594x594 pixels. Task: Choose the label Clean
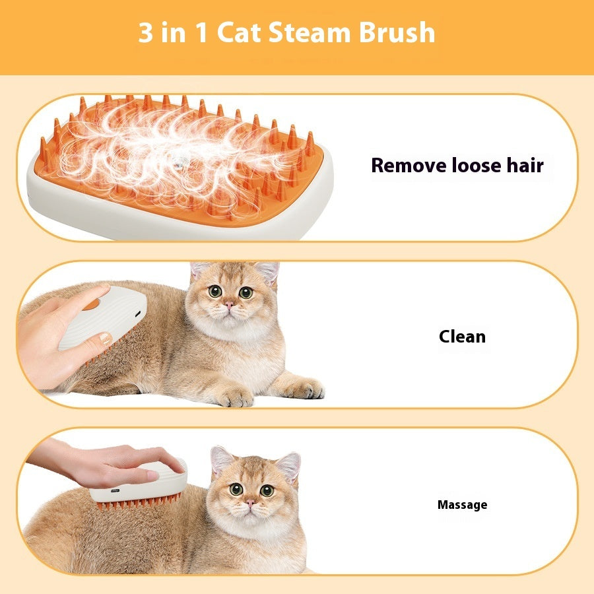tap(462, 337)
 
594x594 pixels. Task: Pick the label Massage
tap(462, 505)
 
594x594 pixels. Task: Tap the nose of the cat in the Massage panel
tap(250, 504)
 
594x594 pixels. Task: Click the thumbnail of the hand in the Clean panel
tap(104, 340)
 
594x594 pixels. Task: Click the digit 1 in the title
tap(203, 33)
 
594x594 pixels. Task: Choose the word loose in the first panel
tap(477, 165)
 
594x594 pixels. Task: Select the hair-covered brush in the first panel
tap(178, 165)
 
